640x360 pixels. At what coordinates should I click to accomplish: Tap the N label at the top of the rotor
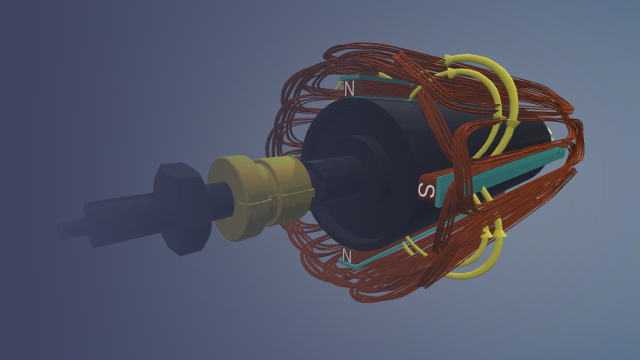(348, 89)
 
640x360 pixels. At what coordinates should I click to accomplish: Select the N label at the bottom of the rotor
(347, 257)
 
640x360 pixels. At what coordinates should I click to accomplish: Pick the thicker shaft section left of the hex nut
(120, 218)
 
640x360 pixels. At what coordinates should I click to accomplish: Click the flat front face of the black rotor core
(340, 160)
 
